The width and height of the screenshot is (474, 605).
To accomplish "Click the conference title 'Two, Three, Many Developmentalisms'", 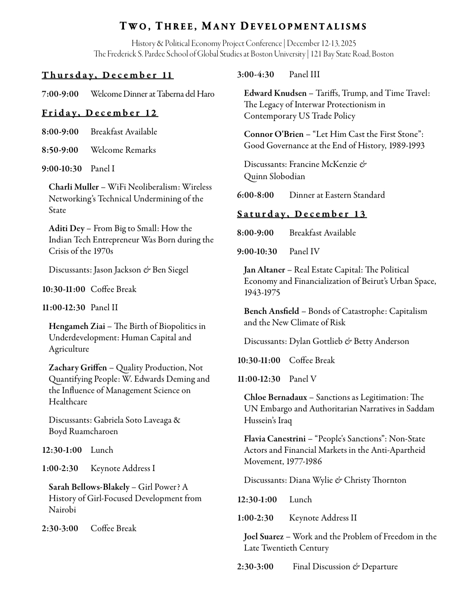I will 243,27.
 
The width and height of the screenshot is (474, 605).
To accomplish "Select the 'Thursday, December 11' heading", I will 107,75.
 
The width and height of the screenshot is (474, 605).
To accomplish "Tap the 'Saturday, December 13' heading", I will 302,214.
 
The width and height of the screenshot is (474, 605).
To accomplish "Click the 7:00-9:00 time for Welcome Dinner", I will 60,94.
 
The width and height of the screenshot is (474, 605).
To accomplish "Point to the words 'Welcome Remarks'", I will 123,150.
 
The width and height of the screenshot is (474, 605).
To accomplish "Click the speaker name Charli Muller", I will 74,187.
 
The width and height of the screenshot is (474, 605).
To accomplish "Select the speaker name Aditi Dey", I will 66,228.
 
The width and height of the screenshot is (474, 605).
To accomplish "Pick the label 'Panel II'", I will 104,308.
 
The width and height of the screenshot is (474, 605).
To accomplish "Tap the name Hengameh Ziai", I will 77,326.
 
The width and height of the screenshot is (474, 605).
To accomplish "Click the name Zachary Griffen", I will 78,368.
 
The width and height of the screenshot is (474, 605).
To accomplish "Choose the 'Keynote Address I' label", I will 123,469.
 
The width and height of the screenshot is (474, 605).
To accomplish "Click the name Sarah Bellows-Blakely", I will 89,487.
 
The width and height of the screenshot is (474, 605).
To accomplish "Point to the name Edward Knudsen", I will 275,94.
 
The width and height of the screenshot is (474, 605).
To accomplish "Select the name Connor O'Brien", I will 273,134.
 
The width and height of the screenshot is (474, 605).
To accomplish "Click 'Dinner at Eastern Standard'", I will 337,195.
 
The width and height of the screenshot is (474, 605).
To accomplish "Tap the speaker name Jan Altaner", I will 265,270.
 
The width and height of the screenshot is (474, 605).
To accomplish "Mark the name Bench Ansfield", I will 271,311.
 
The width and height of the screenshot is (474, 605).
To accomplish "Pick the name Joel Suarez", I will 264,537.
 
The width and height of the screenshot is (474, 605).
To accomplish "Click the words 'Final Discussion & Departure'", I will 345,567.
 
